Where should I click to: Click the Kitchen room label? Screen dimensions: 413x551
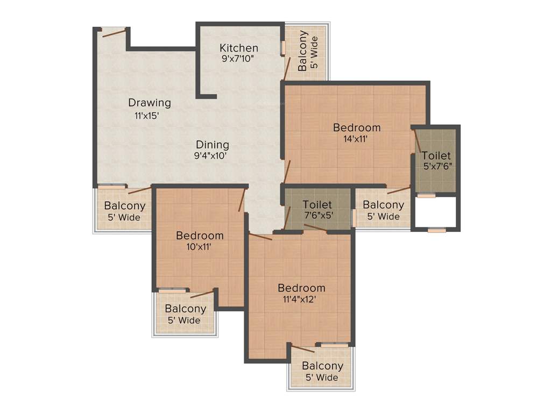[x=239, y=48]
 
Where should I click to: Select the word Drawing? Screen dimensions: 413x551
[x=149, y=103]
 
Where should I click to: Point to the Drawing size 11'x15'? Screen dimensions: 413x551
[x=146, y=115]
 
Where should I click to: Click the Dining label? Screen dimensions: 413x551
[x=212, y=145]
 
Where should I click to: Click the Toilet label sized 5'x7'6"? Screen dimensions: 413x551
[x=436, y=156]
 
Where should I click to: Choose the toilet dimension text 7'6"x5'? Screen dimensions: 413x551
[x=317, y=216]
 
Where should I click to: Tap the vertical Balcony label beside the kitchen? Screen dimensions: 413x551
[x=303, y=51]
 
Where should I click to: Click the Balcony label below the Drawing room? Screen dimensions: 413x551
[x=124, y=206]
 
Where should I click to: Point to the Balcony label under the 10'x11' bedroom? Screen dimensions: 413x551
[x=185, y=309]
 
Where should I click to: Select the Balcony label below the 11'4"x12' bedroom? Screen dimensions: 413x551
[x=322, y=366]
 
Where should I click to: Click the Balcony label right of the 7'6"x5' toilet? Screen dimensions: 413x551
[x=383, y=205]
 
